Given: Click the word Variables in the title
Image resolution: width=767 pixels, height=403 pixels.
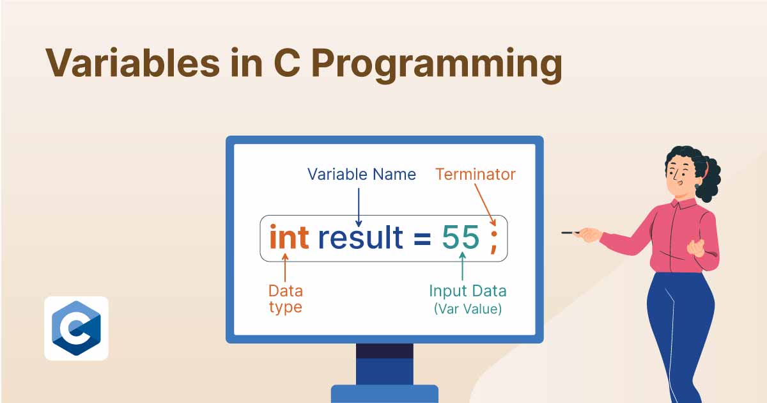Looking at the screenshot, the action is pos(133,63).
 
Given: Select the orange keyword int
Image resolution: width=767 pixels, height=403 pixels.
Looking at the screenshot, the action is pos(290,237).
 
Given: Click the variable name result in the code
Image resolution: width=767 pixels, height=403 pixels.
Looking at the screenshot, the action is pos(360,237).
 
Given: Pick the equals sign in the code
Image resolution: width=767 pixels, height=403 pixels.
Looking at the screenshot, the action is pos(422,239).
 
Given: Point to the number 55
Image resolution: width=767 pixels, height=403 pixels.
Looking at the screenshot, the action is pos(461,237).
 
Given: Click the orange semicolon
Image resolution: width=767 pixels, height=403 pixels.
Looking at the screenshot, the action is pos(493,242).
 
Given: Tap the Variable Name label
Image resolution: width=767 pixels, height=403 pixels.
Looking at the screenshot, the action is pos(362,175).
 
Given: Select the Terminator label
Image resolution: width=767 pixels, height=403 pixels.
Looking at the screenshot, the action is pos(476,175).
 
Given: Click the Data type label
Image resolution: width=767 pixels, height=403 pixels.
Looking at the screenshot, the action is pos(286,299).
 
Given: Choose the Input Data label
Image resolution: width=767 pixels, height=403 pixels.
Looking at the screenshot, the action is pos(468,291).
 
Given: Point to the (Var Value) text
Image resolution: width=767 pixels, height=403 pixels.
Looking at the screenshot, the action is pos(468,309).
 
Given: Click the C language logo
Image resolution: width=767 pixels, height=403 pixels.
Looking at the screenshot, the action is pos(76,328).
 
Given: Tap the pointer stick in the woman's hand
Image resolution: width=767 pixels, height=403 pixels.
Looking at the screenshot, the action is pos(570,233).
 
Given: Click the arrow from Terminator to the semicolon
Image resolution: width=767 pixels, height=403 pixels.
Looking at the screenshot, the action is pos(485,205).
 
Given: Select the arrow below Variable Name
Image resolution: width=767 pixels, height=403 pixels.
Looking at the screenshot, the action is pos(359,207).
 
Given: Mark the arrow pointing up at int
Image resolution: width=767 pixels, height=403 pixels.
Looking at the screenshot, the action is pos(285,267).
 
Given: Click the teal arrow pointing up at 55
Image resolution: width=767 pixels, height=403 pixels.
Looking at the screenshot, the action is pos(463,266).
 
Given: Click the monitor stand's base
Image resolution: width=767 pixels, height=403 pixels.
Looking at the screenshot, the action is pos(385,394).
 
